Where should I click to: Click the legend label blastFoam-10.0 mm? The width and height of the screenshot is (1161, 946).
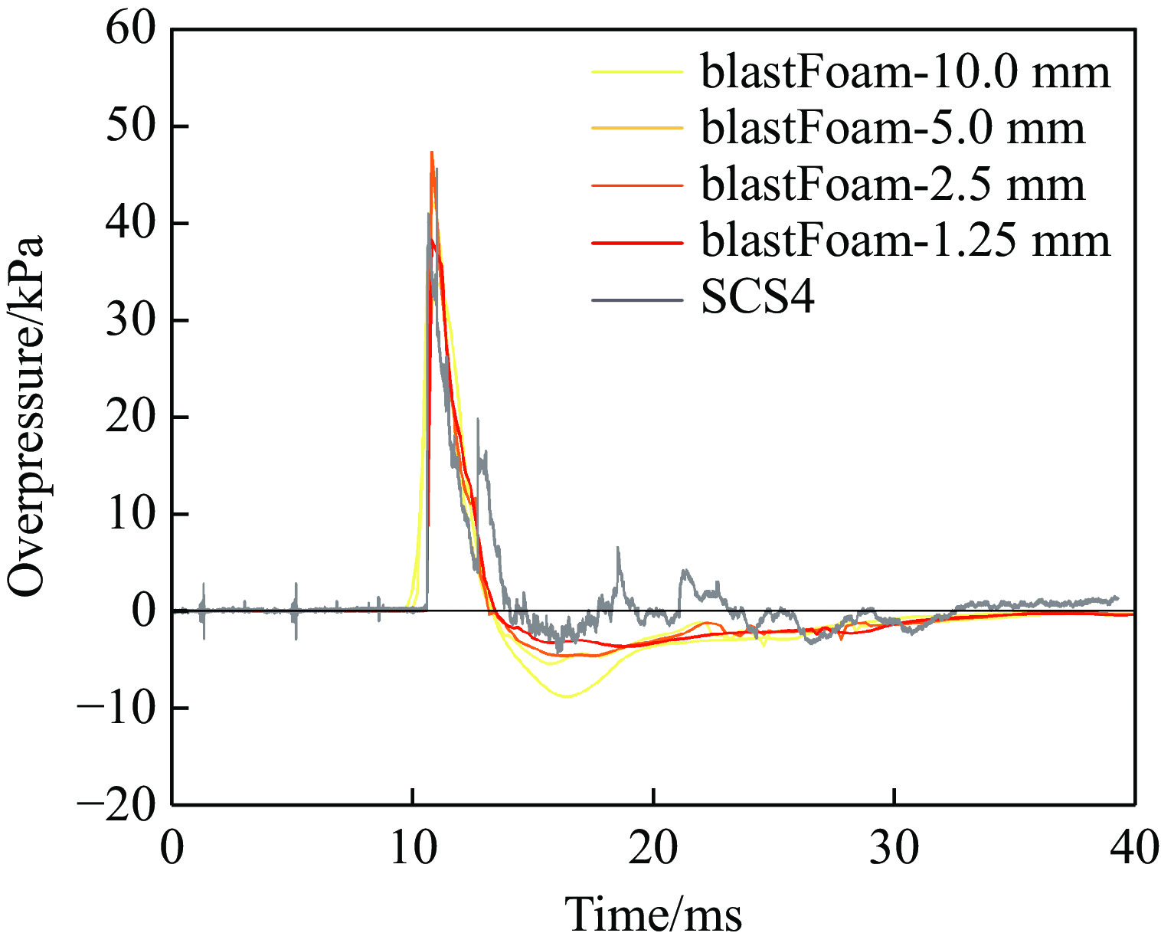904,72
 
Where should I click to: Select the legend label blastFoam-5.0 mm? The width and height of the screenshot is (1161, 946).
892,128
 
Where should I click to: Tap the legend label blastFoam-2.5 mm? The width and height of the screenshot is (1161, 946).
892,185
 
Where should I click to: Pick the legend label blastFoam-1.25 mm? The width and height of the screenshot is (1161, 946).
904,241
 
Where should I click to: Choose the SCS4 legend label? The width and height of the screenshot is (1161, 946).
757,298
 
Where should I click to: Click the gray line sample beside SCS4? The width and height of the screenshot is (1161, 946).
636,299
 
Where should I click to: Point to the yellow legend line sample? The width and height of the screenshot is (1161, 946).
636,72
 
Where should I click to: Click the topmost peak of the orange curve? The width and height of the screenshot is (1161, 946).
432,152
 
